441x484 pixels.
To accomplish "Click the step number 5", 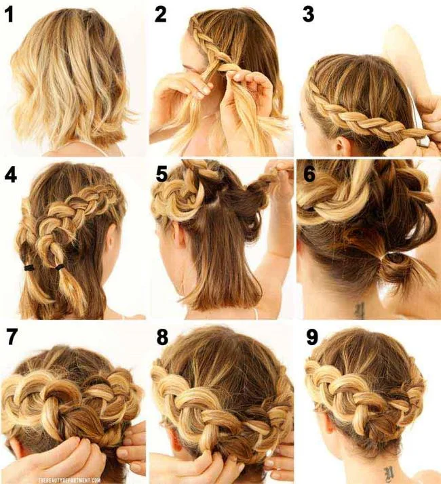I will coord(161,174).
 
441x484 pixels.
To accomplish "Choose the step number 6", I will coord(309,174).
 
